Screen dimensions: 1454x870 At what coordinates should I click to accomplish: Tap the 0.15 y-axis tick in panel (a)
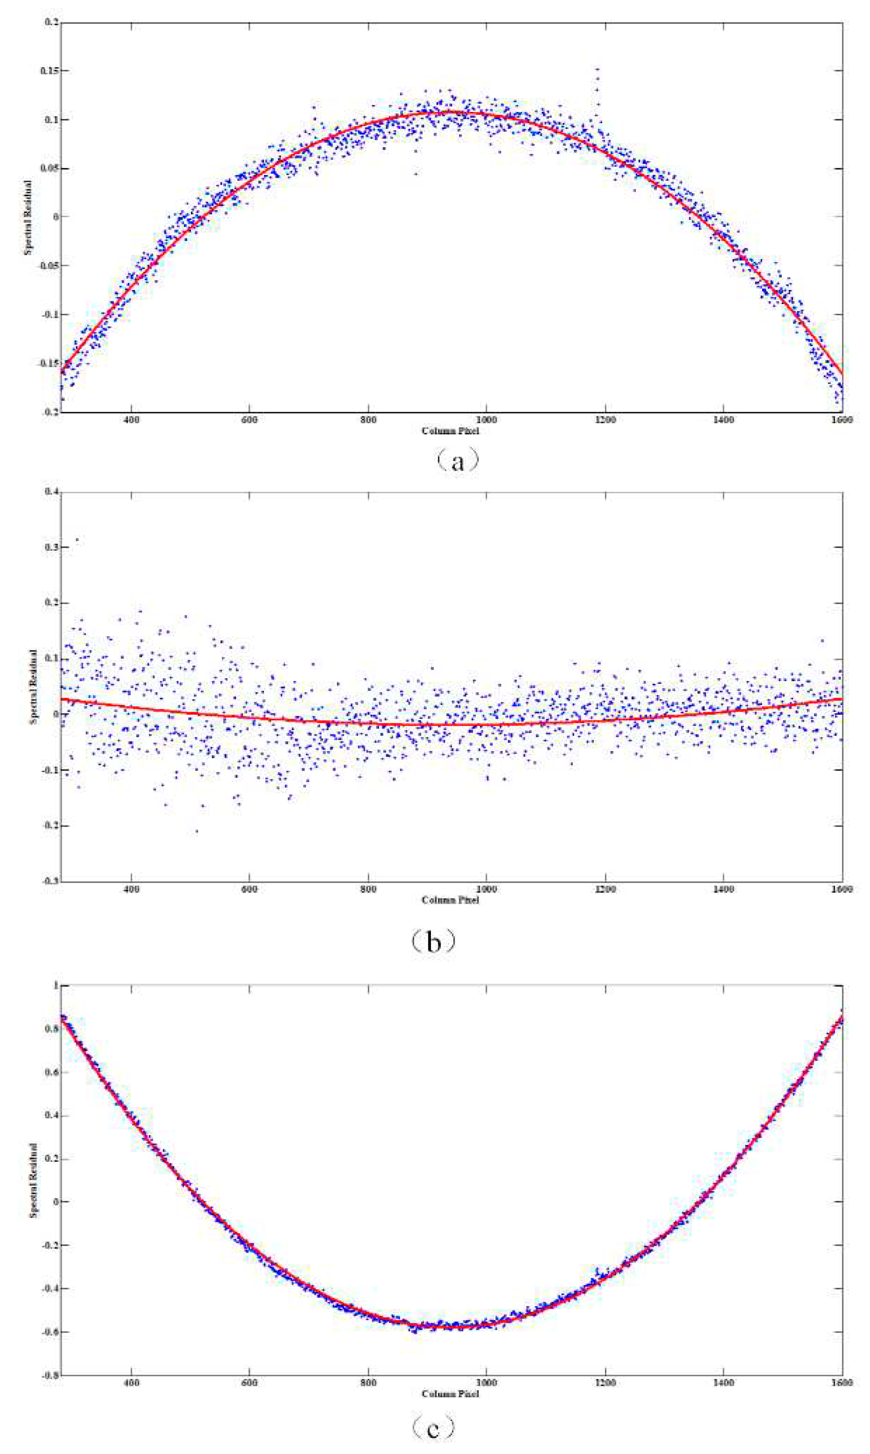tap(50, 71)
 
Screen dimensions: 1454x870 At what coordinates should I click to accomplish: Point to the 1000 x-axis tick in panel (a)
tap(486, 420)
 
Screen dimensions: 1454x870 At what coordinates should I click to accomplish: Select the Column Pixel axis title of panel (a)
tap(450, 431)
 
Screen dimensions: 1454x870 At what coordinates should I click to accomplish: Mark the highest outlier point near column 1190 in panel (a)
tap(597, 69)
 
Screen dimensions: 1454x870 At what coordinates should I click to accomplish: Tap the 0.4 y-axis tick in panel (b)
tap(52, 492)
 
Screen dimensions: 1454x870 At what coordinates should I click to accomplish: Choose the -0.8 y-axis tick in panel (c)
tap(50, 1375)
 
